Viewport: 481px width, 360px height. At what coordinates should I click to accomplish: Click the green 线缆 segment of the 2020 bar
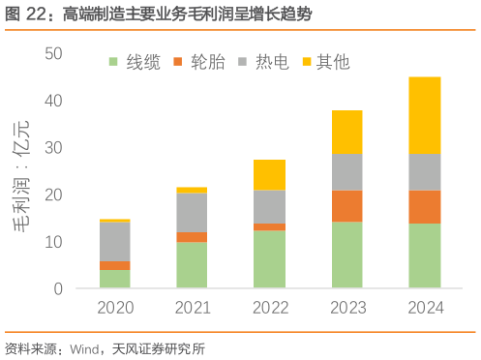point(115,279)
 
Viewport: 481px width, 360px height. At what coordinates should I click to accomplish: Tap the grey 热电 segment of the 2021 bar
point(193,212)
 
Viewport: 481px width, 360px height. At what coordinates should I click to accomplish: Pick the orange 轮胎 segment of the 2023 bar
point(347,205)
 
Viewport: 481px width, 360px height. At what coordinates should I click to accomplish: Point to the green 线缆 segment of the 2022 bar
point(270,258)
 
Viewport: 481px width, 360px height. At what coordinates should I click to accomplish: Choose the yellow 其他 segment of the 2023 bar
point(347,132)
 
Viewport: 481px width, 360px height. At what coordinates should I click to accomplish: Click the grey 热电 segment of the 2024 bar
point(425,172)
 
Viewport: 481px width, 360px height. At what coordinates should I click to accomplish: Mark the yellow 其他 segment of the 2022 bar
point(270,174)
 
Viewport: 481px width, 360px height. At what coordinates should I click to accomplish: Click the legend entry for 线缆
point(135,63)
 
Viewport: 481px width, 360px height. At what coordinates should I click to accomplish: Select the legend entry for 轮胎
point(199,63)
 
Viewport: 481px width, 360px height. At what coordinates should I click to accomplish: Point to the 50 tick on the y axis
point(54,53)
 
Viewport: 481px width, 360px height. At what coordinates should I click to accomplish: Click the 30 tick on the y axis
point(54,147)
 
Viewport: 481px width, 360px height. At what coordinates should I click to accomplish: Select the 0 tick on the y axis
point(59,288)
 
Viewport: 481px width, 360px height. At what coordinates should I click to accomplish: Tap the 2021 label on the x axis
point(193,309)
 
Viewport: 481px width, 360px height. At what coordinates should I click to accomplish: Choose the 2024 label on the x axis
point(425,309)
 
